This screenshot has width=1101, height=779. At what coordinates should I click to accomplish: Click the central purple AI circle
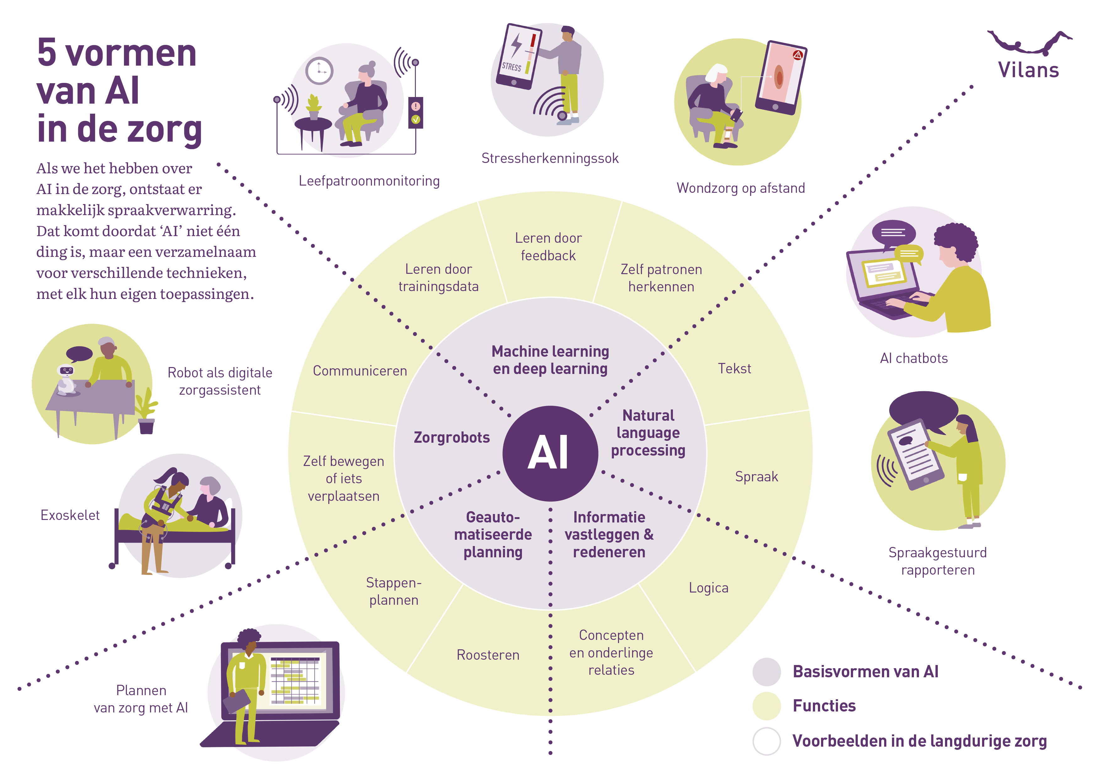tap(550, 453)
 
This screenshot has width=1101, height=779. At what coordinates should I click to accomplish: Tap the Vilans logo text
tap(1028, 70)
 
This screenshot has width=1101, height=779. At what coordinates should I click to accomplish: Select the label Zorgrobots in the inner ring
tap(452, 437)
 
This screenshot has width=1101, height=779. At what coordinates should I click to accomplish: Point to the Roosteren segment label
tap(488, 655)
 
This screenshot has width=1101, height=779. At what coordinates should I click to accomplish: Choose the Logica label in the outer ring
tap(708, 587)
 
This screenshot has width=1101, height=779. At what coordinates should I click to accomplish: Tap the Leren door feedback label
tap(548, 246)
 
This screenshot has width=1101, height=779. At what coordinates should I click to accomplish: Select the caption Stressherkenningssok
tap(550, 158)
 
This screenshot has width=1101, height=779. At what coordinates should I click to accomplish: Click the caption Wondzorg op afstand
tap(740, 188)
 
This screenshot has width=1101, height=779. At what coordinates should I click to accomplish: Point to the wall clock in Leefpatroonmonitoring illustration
tap(320, 71)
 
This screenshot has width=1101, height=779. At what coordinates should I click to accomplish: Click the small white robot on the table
tap(66, 379)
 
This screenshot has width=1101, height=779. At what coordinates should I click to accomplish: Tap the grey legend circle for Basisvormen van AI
tap(766, 672)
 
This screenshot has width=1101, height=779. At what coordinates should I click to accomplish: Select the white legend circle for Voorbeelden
tap(766, 741)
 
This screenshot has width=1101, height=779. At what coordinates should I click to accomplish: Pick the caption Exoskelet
tap(70, 515)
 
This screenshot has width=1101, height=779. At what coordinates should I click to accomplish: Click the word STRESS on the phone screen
tap(511, 67)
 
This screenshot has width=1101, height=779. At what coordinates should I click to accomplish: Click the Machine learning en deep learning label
tap(550, 360)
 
